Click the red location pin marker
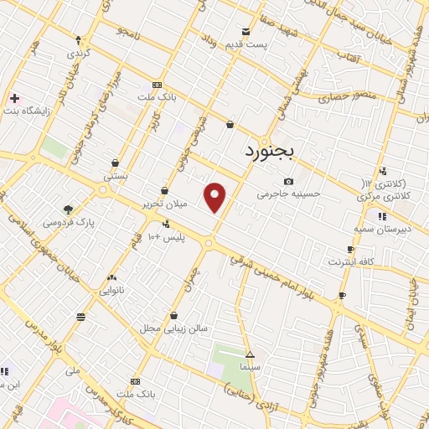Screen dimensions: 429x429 [x=215, y=197]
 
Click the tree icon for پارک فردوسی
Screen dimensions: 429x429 [x=68, y=209]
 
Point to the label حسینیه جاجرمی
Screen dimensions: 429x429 [x=289, y=194]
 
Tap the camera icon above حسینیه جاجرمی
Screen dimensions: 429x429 [x=289, y=181]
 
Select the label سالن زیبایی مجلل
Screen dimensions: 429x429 [x=173, y=328]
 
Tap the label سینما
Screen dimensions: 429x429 [x=250, y=366]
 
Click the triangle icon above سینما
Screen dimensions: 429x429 [x=250, y=354]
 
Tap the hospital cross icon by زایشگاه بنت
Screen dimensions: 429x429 [x=14, y=98]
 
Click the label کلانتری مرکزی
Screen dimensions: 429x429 [x=386, y=195]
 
